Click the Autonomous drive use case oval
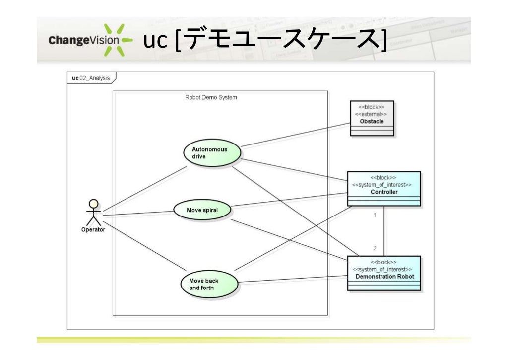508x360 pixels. coord(212,153)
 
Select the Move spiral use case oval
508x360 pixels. coord(202,210)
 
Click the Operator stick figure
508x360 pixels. coord(93,213)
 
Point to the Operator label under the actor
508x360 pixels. coord(93,230)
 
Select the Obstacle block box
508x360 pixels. coord(372,118)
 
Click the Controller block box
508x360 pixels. coord(383,189)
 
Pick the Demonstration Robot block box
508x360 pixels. coord(384,273)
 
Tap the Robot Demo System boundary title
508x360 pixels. coord(211,98)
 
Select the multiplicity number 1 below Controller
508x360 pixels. coord(375,216)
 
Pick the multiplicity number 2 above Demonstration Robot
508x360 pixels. coord(375,247)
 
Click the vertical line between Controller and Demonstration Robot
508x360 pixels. coord(384,231)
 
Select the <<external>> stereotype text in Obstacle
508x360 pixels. coord(371,114)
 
